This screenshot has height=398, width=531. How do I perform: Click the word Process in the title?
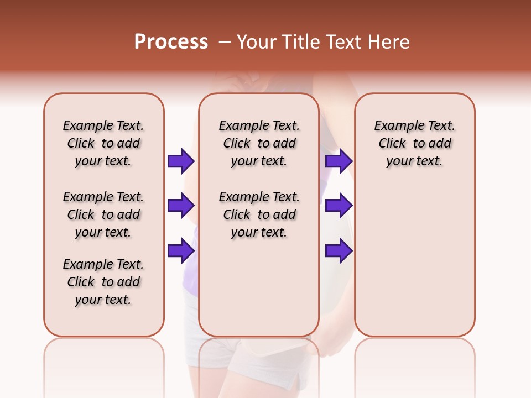click(171, 42)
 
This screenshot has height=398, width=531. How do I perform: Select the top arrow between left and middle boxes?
click(180, 161)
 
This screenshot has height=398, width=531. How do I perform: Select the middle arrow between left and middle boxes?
click(180, 206)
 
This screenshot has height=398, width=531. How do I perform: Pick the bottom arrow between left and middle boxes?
click(180, 251)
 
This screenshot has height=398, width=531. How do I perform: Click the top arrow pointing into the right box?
click(339, 161)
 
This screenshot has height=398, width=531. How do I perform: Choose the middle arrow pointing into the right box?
click(339, 206)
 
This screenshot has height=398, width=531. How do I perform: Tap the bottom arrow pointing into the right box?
click(339, 251)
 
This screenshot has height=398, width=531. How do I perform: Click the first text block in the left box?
click(103, 143)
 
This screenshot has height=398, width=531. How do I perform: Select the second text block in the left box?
click(103, 214)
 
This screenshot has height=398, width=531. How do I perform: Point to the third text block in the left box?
click(103, 282)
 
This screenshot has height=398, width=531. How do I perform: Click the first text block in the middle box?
click(259, 143)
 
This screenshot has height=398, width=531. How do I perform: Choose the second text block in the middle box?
click(259, 214)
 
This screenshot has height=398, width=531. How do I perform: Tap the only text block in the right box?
click(414, 143)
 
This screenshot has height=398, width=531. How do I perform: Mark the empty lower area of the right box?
click(414, 260)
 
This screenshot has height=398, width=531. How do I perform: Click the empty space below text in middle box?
click(259, 287)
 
